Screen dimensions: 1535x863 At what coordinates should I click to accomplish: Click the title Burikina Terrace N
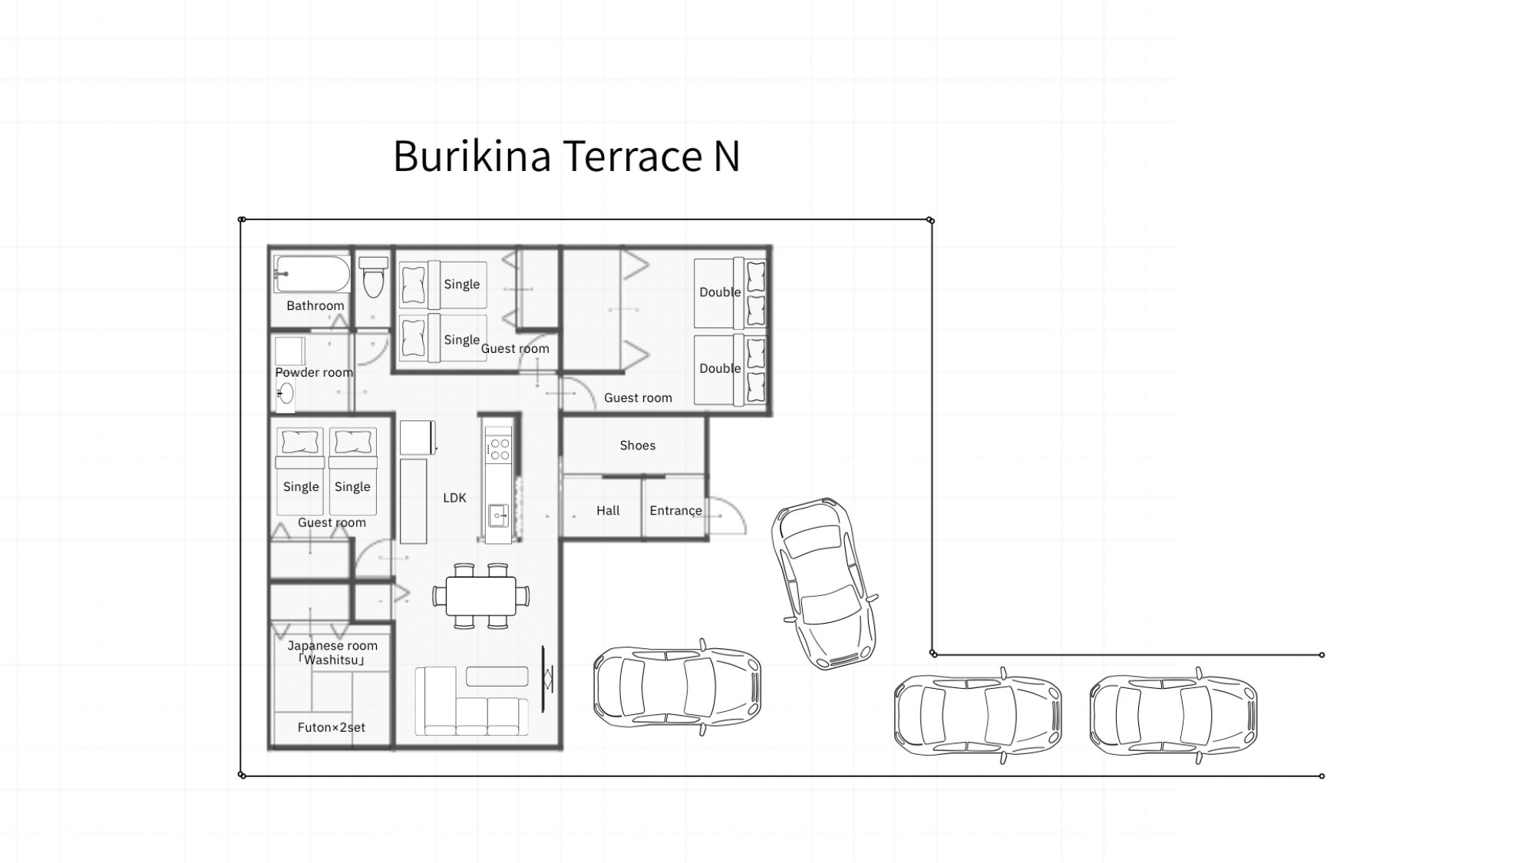566,156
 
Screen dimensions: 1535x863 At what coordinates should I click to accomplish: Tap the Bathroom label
315,305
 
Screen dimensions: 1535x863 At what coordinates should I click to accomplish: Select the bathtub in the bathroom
312,274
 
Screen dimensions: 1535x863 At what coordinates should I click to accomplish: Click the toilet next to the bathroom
373,277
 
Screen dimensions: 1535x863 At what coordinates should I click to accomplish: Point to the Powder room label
314,372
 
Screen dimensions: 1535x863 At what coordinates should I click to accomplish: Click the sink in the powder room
286,394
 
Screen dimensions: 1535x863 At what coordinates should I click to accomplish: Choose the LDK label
454,498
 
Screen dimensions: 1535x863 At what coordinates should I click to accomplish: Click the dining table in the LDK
480,596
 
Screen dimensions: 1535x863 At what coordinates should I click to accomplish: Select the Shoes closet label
638,445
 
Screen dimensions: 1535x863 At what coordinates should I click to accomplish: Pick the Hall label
608,510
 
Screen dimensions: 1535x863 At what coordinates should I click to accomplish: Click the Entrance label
675,510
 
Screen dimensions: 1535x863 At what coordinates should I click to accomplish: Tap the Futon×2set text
332,727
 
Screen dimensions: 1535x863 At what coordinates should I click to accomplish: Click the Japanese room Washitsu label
332,653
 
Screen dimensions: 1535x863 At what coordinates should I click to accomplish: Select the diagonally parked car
825,583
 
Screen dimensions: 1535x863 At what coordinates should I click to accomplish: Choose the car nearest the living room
678,687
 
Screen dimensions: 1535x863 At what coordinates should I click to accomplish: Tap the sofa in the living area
472,701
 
